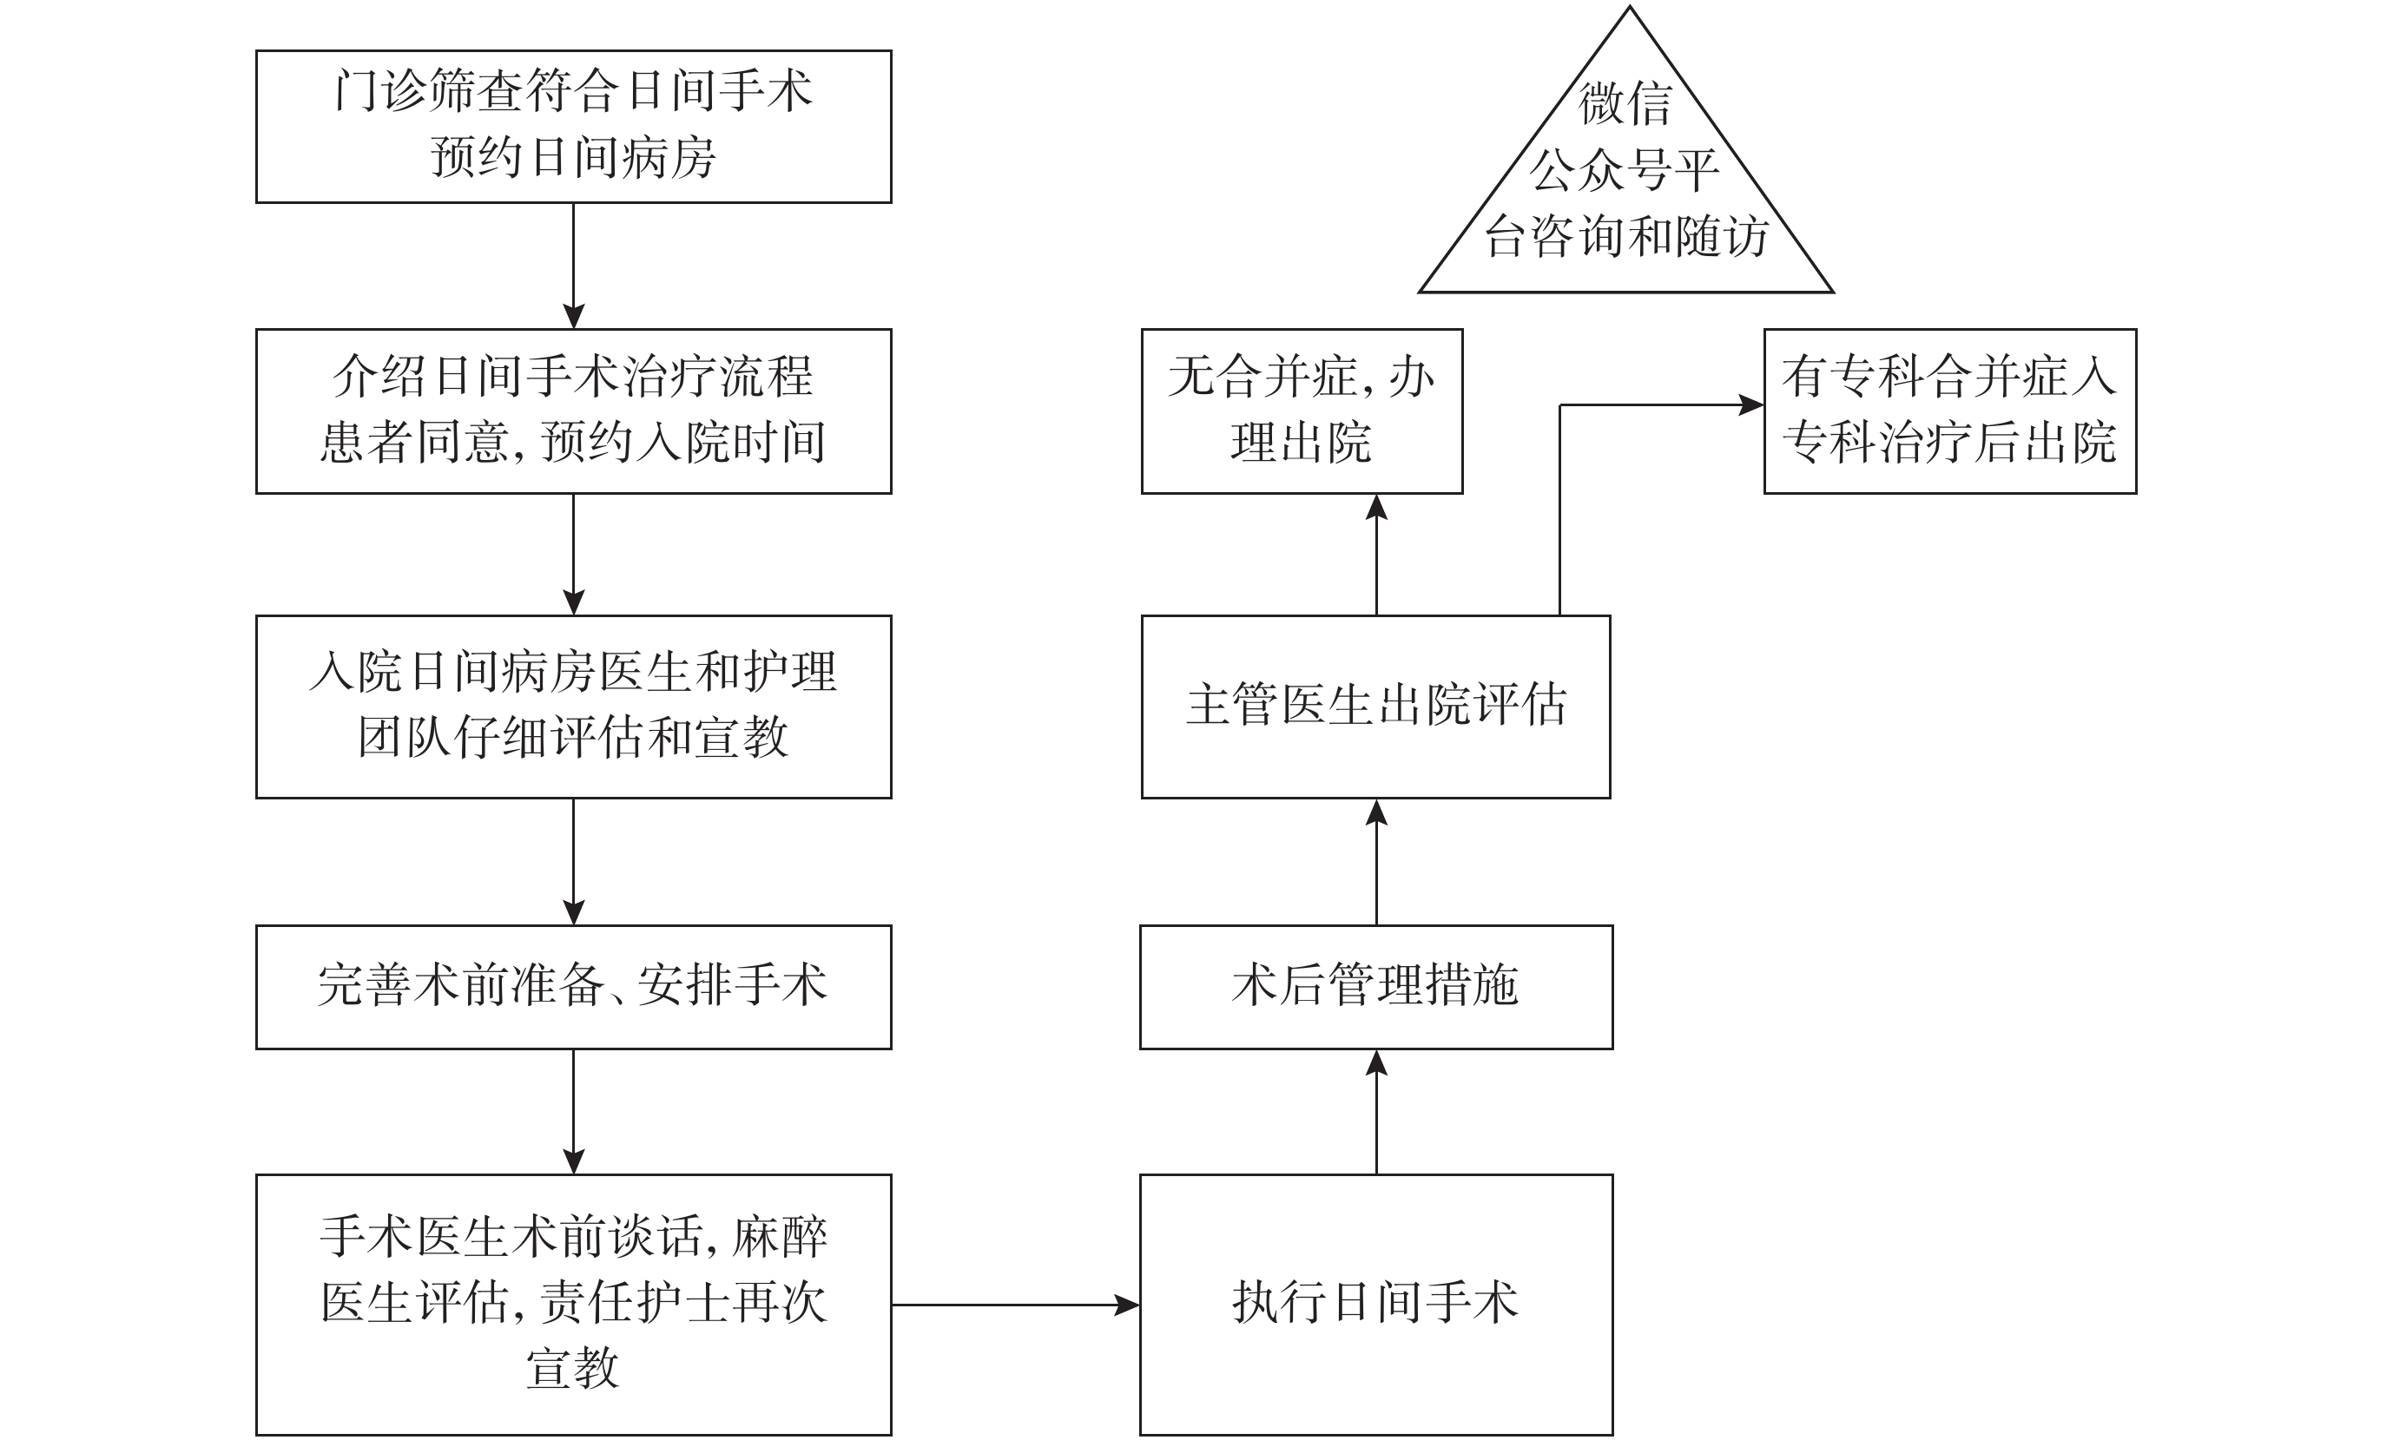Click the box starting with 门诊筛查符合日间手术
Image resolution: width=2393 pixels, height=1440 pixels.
tap(574, 126)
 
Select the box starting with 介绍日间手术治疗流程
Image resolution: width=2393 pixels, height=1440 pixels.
tap(574, 411)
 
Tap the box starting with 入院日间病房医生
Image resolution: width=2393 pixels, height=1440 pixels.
tap(574, 706)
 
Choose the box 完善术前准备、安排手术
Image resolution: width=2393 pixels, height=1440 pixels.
tap(574, 986)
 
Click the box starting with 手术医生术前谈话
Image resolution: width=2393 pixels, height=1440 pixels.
tap(574, 1303)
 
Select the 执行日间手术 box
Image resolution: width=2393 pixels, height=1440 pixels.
tap(1376, 1303)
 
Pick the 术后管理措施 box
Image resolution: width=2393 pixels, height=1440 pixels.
tap(1376, 986)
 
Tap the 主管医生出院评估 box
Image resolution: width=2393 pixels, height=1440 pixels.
tap(1376, 706)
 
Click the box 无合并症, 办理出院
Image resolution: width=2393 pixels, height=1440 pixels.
tap(1302, 411)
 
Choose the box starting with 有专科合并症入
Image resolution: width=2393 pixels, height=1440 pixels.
tap(1949, 411)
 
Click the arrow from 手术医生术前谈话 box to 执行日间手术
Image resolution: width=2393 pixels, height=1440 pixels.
tap(1015, 1305)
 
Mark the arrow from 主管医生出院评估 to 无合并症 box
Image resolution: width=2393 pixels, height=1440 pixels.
tap(1376, 554)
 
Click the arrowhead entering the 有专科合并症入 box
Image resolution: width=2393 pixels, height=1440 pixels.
tap(1750, 404)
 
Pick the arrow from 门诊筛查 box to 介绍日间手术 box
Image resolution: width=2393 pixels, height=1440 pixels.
tap(574, 266)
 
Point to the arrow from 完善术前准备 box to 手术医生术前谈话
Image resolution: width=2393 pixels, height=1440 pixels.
tap(574, 1112)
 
